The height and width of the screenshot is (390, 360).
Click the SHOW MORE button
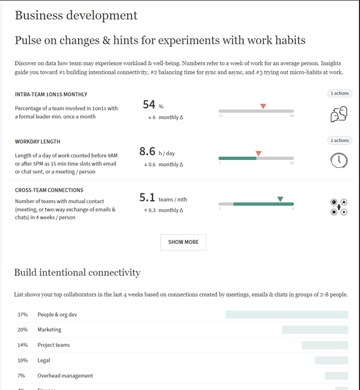coord(183,242)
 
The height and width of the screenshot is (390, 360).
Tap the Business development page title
coord(76,15)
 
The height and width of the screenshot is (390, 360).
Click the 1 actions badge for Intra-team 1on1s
coord(339,93)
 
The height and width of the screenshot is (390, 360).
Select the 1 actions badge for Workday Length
coord(339,141)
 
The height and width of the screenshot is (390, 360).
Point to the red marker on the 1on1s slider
coord(263,106)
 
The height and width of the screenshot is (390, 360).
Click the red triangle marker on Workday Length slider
coord(258,153)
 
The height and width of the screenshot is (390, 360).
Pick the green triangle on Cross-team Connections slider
coord(280,199)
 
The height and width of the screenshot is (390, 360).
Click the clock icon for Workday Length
coord(339,160)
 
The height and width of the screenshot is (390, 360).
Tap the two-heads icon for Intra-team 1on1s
coord(339,114)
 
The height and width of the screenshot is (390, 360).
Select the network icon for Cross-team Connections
coord(339,207)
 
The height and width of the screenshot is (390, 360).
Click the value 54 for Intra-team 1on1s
coord(149,104)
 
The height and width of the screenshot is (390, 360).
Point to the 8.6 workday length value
coord(147,151)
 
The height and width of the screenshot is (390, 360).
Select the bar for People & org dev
coord(287,315)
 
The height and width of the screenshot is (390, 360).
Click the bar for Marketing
coord(315,330)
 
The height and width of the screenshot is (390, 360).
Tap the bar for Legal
coord(331,360)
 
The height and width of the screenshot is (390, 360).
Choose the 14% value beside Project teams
coord(22,345)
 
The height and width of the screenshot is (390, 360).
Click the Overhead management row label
coord(65,376)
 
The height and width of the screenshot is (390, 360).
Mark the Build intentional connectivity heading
coord(77,272)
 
